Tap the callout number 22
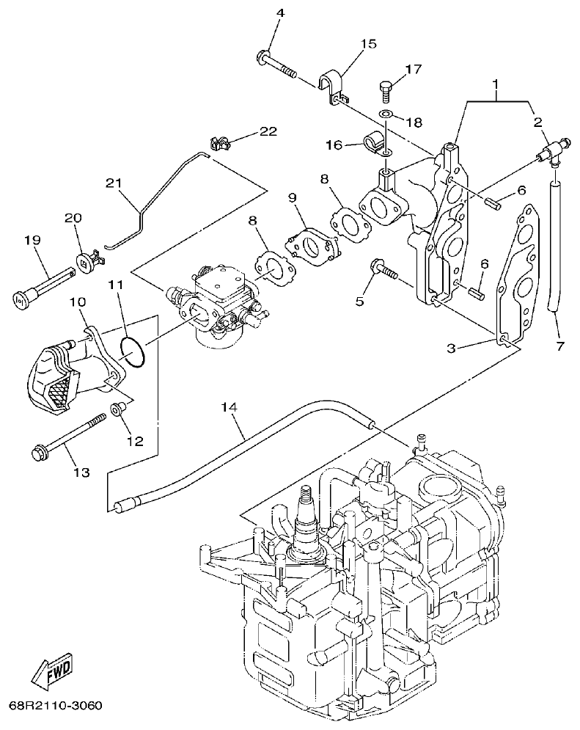tap(268, 131)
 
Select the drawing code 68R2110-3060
tap(55, 707)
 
